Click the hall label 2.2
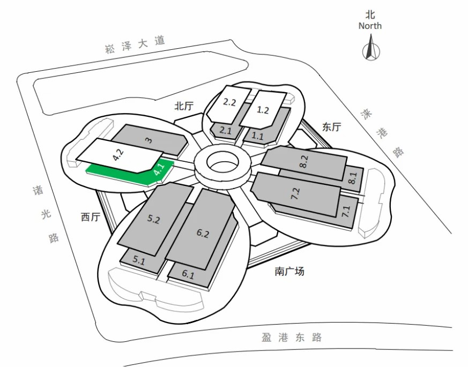(230, 102)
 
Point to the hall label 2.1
(226, 129)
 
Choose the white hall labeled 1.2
(263, 109)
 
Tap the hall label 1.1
(258, 136)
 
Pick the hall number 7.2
(295, 194)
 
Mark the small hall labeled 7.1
(346, 210)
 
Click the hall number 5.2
(153, 219)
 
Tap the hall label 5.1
(139, 261)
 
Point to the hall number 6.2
(202, 233)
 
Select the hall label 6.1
(188, 274)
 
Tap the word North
(370, 26)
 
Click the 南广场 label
(289, 272)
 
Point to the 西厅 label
(91, 217)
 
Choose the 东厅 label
(331, 127)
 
